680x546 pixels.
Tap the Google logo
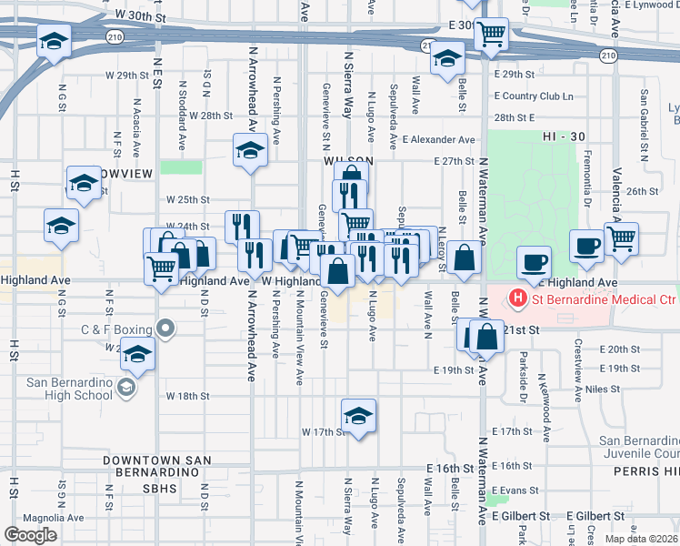click(30, 535)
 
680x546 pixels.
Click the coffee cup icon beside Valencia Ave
click(587, 245)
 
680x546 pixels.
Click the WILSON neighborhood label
click(343, 160)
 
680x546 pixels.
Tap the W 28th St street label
click(211, 116)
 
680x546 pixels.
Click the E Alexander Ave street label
click(441, 140)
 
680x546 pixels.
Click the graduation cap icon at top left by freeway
click(54, 42)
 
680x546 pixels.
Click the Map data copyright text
click(641, 539)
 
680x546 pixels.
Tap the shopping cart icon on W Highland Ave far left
click(162, 268)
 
